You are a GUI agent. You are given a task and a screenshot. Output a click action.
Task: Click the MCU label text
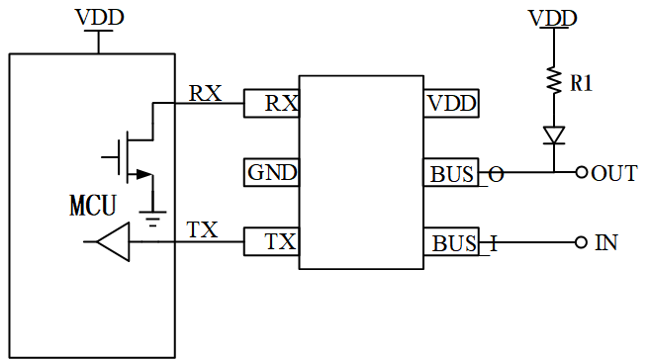point(92,206)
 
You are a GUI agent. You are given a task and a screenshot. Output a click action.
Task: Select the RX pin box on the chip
point(271,103)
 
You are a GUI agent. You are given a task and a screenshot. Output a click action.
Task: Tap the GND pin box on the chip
point(271,173)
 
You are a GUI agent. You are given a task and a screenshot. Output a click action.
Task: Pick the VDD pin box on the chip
point(451,103)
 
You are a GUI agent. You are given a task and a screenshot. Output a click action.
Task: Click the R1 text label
point(582,84)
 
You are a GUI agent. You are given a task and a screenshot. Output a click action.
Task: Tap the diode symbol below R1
point(555,135)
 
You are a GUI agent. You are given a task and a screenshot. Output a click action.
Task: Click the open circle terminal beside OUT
point(582,173)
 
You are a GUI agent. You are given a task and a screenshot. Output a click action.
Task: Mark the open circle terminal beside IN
point(582,242)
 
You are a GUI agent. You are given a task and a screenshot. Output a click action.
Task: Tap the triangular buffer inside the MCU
point(114,242)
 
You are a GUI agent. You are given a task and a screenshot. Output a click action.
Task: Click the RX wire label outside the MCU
point(205,93)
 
